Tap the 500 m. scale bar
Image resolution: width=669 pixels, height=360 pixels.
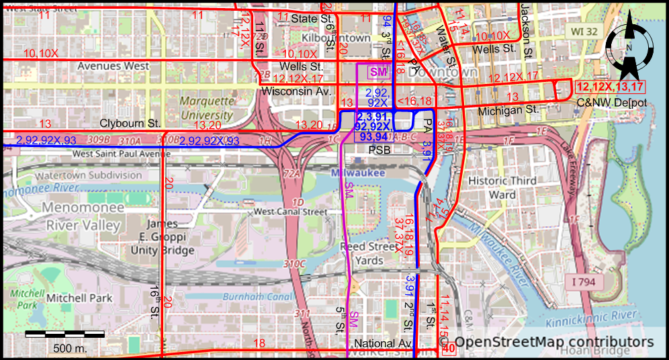[64, 334]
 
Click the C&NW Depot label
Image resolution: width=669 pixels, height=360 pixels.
[611, 103]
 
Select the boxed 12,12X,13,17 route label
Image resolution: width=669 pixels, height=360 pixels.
[609, 86]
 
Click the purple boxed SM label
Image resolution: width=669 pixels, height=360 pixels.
[378, 71]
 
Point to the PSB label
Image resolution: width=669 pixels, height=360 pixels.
[379, 150]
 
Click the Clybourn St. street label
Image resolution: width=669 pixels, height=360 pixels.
[130, 124]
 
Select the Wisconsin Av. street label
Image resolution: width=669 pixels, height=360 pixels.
[297, 90]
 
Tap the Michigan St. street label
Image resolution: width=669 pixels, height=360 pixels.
[508, 109]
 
